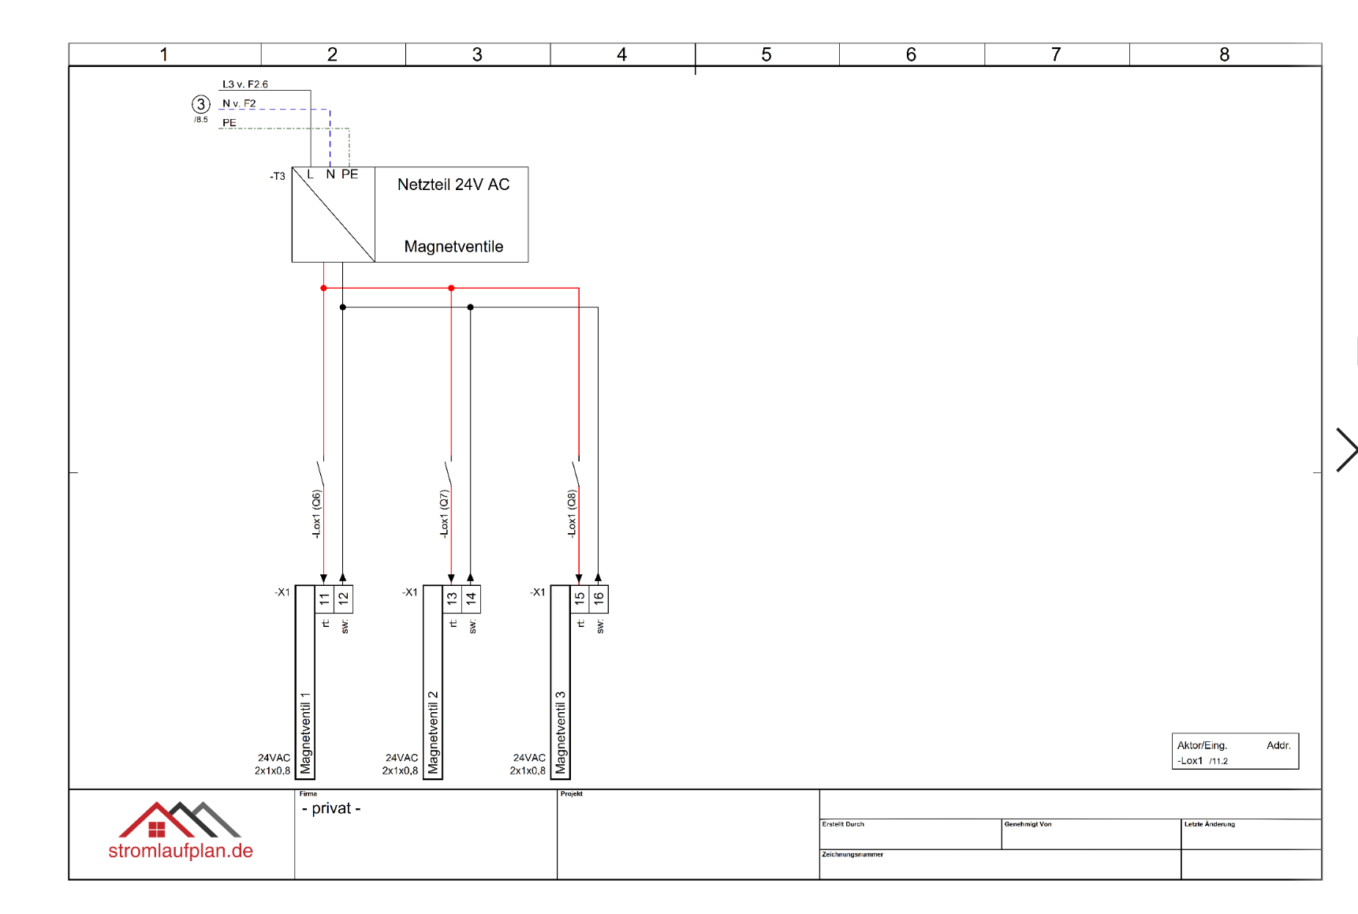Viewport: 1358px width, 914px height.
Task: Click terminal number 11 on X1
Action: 324,599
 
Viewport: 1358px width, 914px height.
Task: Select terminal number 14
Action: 471,599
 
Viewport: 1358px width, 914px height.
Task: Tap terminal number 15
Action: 580,599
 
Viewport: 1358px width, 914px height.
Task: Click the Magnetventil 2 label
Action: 433,733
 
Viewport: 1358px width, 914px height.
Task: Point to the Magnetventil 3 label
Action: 561,733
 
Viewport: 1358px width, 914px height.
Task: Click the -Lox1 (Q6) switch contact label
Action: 316,514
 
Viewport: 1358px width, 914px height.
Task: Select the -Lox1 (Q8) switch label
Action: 572,514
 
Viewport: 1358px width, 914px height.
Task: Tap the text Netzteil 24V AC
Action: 453,185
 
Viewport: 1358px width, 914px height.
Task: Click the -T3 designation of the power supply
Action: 278,176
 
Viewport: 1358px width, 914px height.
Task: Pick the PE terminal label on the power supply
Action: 349,174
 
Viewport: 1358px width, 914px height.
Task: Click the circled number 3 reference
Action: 201,104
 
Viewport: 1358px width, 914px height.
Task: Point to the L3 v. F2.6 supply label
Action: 244,84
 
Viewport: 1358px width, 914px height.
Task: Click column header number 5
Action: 767,54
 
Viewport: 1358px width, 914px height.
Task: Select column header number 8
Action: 1224,54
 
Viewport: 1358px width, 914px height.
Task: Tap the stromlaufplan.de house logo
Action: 180,821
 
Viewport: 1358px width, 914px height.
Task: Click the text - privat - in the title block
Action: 331,808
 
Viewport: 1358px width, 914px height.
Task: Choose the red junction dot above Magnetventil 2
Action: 451,289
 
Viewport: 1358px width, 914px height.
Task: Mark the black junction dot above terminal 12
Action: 343,308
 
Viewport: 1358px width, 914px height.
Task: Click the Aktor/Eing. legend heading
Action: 1202,745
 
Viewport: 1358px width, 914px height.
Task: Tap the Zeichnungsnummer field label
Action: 852,854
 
